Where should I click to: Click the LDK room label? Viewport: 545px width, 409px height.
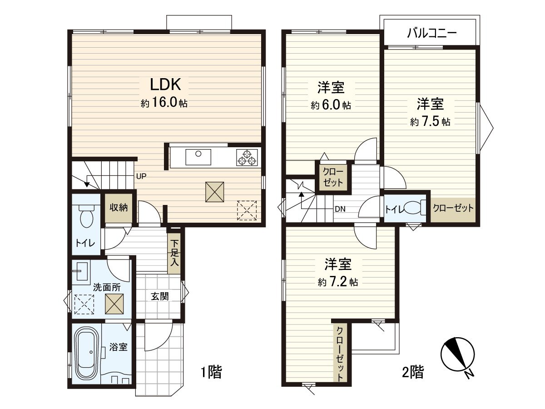pyautogui.click(x=165, y=85)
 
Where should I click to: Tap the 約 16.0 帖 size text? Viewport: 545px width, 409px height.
pyautogui.click(x=164, y=103)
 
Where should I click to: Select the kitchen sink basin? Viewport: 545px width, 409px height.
pyautogui.click(x=198, y=157)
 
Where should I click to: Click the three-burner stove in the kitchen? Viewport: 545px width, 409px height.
pyautogui.click(x=247, y=157)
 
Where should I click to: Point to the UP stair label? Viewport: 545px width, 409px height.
pyautogui.click(x=141, y=176)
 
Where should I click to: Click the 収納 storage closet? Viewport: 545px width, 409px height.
pyautogui.click(x=119, y=208)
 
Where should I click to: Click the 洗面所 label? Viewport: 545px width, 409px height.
pyautogui.click(x=107, y=288)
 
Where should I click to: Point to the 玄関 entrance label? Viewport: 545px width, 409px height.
pyautogui.click(x=160, y=296)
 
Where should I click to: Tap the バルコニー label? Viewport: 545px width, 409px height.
pyautogui.click(x=431, y=33)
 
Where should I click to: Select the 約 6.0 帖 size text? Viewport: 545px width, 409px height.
pyautogui.click(x=331, y=105)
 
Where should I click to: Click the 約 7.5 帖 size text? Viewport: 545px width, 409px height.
pyautogui.click(x=430, y=122)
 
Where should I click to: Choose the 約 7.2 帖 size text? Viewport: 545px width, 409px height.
pyautogui.click(x=338, y=282)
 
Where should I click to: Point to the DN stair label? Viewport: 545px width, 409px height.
pyautogui.click(x=340, y=209)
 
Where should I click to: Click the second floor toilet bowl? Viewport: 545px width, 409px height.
pyautogui.click(x=413, y=207)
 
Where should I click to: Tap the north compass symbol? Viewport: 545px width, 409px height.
pyautogui.click(x=458, y=356)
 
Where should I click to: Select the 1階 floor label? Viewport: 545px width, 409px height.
pyautogui.click(x=211, y=372)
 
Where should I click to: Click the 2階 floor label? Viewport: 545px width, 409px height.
pyautogui.click(x=413, y=372)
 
